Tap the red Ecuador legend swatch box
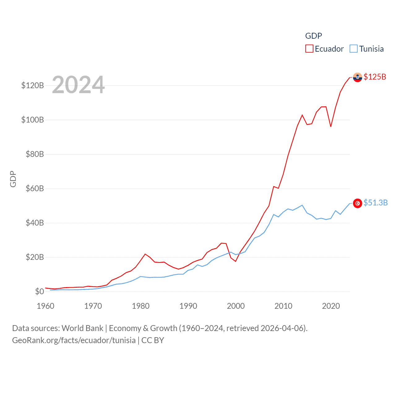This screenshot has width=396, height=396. point(309,49)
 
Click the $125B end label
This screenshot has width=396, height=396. point(375,77)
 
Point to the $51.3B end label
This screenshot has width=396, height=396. point(375,203)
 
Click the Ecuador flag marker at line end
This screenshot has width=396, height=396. point(357,77)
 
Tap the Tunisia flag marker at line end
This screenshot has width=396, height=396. point(357,203)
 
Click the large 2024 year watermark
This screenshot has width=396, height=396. point(78,85)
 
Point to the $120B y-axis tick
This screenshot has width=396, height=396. point(32,85)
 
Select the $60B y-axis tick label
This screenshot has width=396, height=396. point(35,188)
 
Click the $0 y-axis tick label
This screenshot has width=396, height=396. point(39,291)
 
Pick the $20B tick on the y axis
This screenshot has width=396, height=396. point(35,257)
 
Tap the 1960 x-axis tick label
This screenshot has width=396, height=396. point(45,306)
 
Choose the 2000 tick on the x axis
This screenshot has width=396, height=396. point(236,306)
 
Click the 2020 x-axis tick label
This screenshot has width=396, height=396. point(331,306)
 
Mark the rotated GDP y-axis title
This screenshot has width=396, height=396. point(13,179)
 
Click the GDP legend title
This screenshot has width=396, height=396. point(313,36)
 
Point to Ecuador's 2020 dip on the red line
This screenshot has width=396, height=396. point(331,126)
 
